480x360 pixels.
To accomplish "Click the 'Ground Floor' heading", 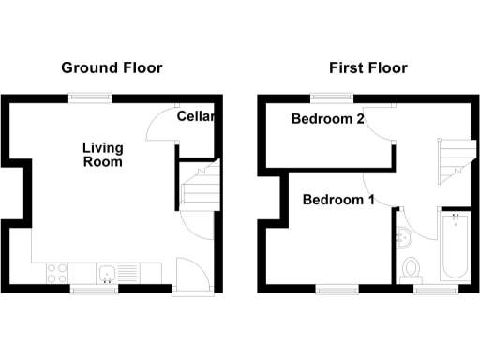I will point(112,67).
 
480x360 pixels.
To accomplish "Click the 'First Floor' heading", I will point(367,67).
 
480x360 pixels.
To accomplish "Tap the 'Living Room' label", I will point(102,155).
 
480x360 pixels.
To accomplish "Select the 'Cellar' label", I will point(196,117).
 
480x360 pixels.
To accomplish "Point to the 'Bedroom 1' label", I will point(338,200).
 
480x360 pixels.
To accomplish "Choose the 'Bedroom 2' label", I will point(327,119).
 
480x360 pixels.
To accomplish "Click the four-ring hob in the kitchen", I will point(55,273).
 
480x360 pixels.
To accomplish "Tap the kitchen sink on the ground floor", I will point(109,274).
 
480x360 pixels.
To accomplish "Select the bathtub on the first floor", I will point(455,246).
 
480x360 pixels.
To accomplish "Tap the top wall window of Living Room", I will point(91,96).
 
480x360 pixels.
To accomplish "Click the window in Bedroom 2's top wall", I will point(332,96).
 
